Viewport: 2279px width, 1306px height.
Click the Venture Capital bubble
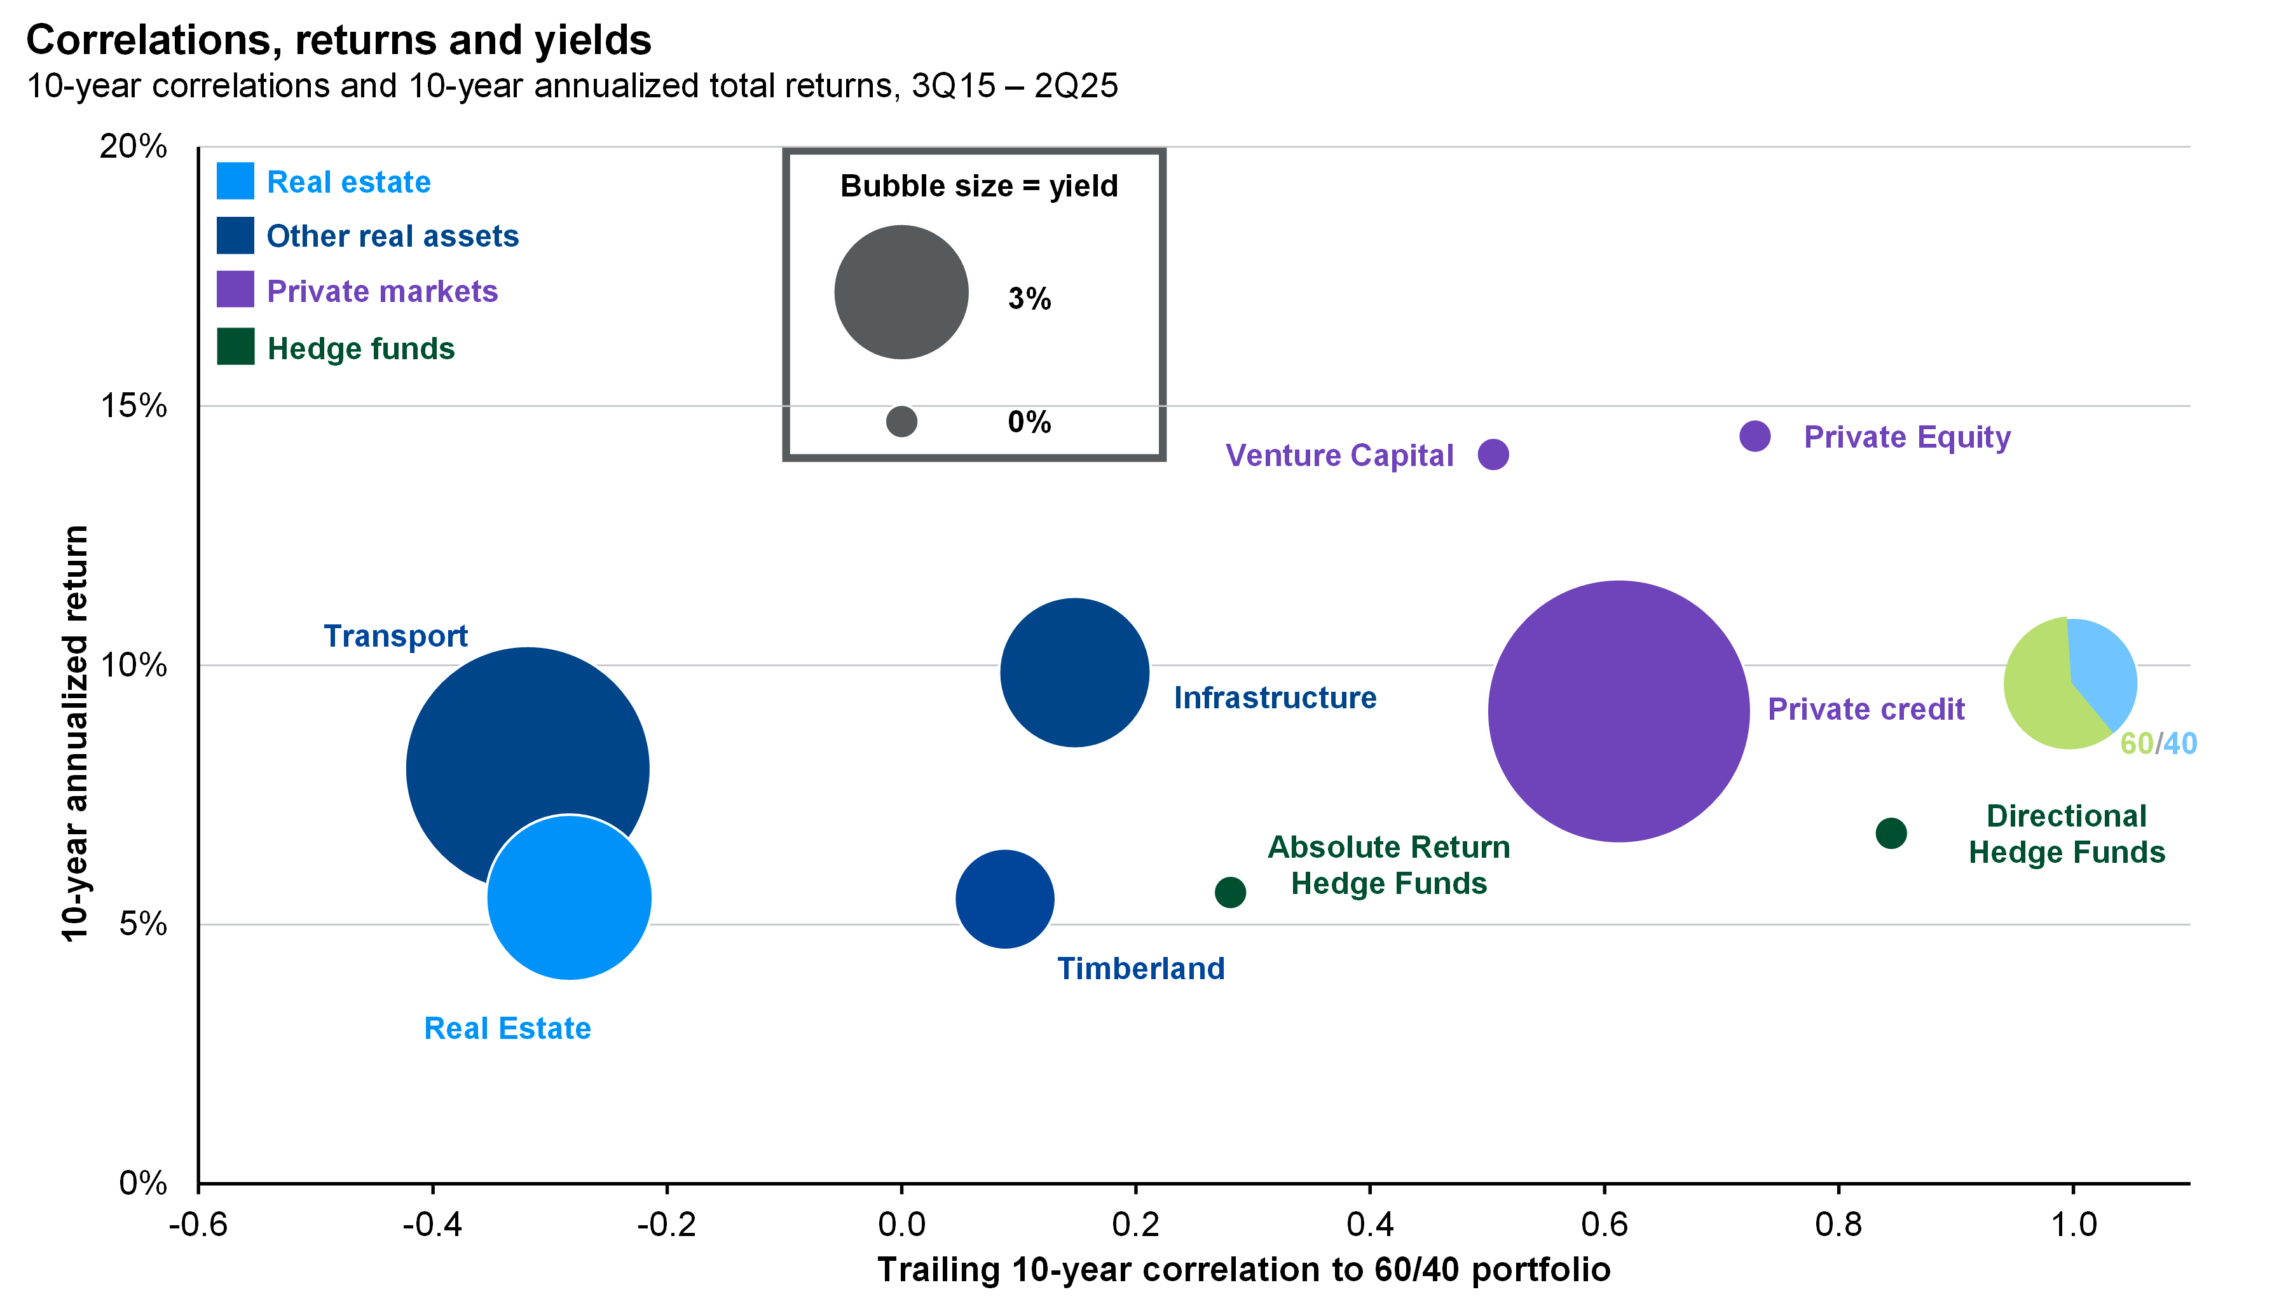point(1493,454)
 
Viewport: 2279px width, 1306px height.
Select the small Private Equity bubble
point(1755,436)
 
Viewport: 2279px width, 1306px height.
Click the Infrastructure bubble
point(1074,672)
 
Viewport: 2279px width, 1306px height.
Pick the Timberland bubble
point(1004,898)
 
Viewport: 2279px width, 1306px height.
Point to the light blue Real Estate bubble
point(570,898)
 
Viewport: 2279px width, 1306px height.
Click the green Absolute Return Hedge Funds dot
point(1230,891)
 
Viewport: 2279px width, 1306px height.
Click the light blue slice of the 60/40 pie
point(2105,668)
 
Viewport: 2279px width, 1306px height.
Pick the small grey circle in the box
point(901,421)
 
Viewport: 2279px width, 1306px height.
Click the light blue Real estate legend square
point(235,181)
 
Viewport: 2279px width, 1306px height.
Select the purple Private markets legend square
point(235,290)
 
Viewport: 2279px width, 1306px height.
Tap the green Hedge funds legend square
point(235,347)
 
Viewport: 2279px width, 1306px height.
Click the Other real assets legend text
point(393,236)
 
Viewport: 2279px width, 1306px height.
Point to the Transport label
point(395,636)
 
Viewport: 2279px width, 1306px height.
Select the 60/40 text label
point(2158,743)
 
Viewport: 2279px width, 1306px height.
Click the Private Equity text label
point(1907,437)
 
